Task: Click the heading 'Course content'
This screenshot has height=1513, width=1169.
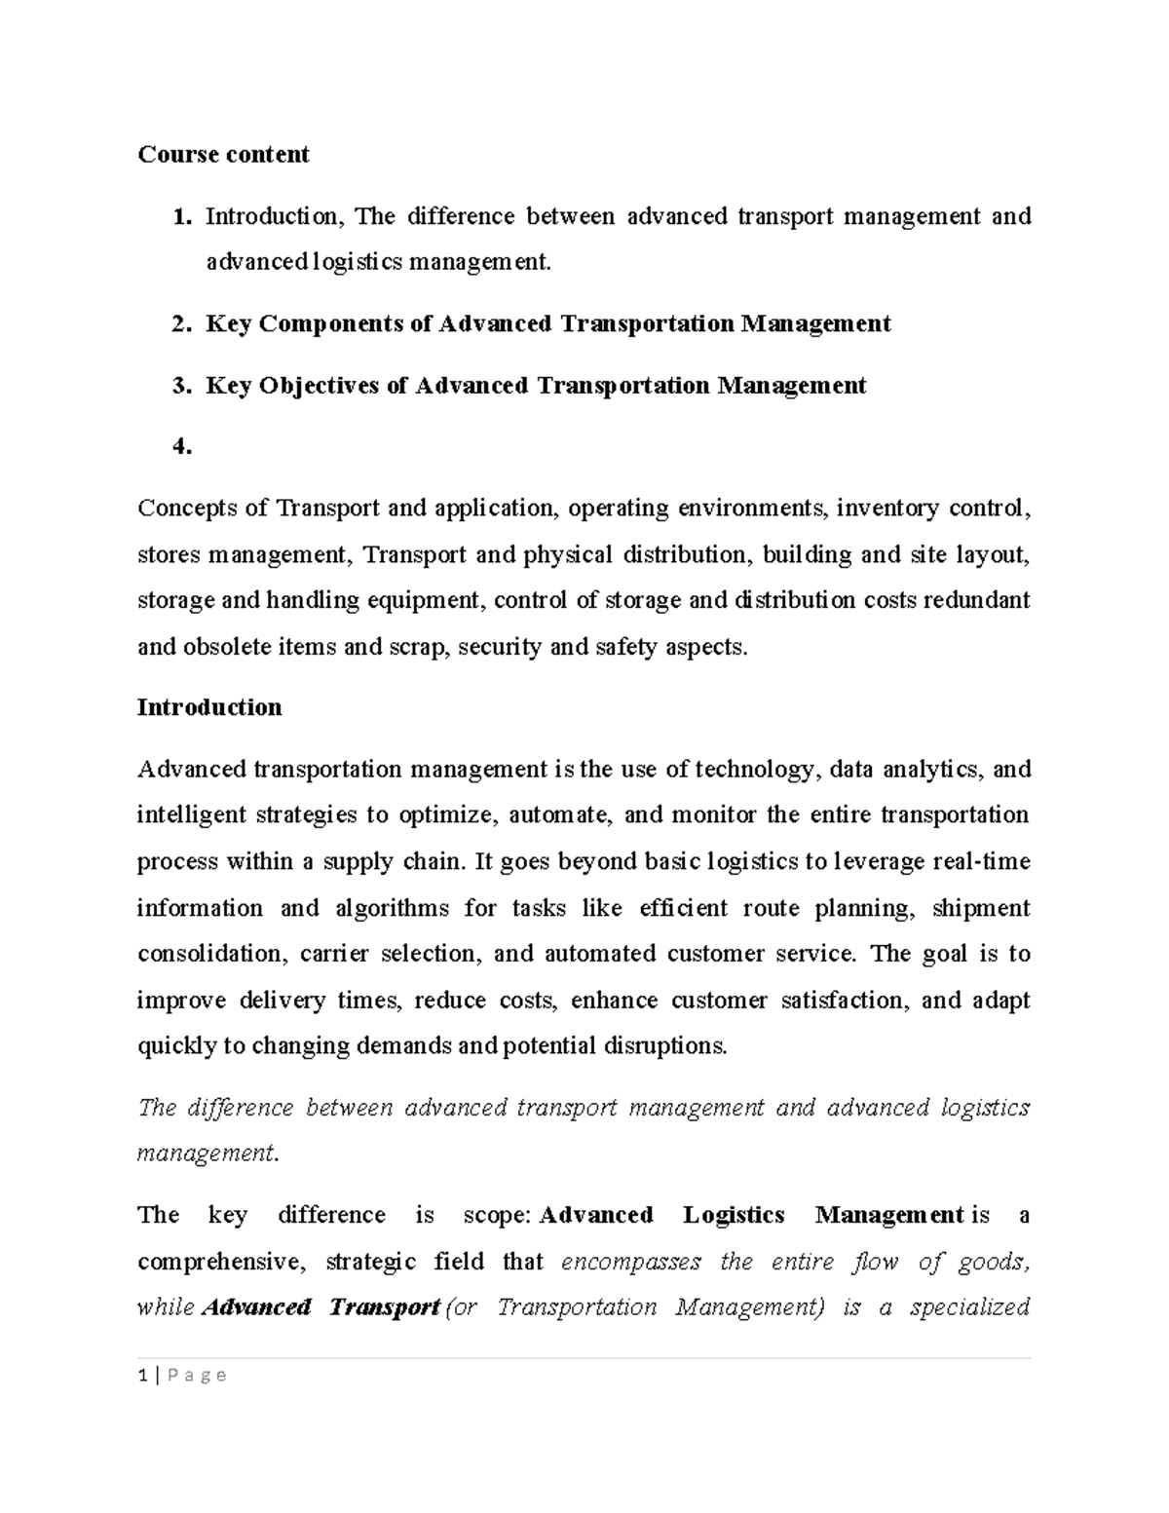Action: point(223,154)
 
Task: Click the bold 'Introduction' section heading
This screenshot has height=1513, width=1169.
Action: point(209,707)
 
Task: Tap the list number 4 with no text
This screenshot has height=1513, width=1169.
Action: point(181,447)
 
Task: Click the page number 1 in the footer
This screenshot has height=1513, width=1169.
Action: point(143,1375)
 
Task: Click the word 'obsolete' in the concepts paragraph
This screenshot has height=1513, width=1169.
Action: point(227,646)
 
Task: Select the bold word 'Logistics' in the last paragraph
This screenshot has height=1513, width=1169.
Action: point(734,1215)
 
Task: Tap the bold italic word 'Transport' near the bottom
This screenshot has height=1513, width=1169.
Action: point(384,1307)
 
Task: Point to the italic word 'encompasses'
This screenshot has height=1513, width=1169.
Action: point(631,1262)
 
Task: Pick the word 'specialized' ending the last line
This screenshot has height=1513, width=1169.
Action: point(969,1307)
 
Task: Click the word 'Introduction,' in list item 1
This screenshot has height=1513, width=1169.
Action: point(275,216)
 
